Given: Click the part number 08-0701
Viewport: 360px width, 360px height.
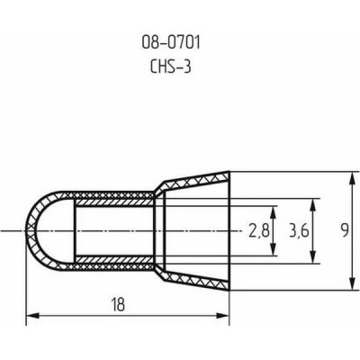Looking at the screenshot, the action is coord(171,44).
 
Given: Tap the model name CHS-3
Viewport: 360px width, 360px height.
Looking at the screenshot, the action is coord(171,67).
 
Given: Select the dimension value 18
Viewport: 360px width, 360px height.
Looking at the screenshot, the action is coord(118,304).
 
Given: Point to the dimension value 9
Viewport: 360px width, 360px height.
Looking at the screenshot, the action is coord(345,231).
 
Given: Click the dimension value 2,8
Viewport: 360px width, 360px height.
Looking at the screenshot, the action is coord(259,231).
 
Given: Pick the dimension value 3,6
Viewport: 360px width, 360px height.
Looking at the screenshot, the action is coord(299,231).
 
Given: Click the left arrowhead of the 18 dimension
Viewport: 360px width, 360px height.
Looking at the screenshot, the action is coord(33,315).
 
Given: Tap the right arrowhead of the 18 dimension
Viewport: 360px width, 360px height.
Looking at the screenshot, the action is coord(222,315).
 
